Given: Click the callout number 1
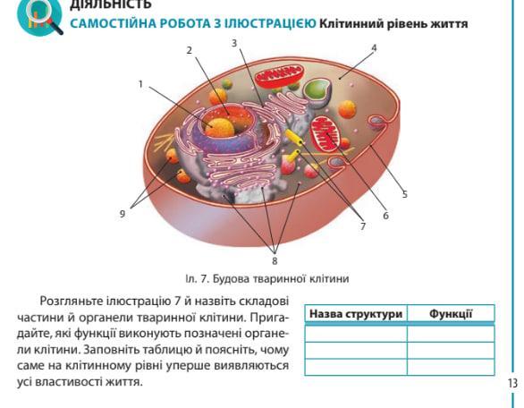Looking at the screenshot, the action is [140, 84].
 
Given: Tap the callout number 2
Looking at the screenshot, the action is [190, 50].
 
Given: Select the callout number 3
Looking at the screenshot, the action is [234, 43].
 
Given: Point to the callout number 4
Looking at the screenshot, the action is [375, 48].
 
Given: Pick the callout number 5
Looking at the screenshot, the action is [405, 194].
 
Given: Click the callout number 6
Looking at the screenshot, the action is [386, 216].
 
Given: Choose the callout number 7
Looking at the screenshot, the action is [363, 226].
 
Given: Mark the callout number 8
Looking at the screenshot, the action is [275, 260].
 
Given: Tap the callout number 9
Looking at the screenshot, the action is [123, 214].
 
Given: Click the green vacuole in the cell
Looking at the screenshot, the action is [317, 89].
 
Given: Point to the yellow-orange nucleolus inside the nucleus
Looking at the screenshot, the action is [220, 127].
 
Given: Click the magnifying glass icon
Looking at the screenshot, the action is [40, 17].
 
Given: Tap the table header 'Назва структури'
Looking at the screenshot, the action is [356, 314].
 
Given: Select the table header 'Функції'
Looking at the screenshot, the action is [451, 314].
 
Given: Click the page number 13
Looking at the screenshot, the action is [512, 383].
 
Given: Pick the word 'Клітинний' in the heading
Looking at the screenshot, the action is [351, 24].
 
